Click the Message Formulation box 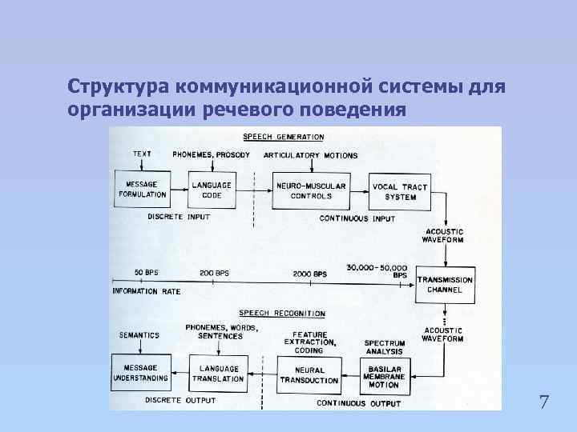pyautogui.click(x=143, y=189)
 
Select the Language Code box pyautogui.click(x=212, y=190)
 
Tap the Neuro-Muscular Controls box pyautogui.click(x=311, y=190)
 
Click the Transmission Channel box pyautogui.click(x=445, y=286)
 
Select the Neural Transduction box pyautogui.click(x=309, y=374)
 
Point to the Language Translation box pyautogui.click(x=217, y=373)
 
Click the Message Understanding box pyautogui.click(x=141, y=372)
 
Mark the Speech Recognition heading pyautogui.click(x=281, y=314)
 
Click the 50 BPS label pyautogui.click(x=146, y=273)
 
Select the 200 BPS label pyautogui.click(x=214, y=273)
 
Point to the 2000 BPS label pyautogui.click(x=310, y=274)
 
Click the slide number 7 pyautogui.click(x=544, y=402)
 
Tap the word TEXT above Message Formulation pyautogui.click(x=142, y=154)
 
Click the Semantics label pyautogui.click(x=139, y=334)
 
